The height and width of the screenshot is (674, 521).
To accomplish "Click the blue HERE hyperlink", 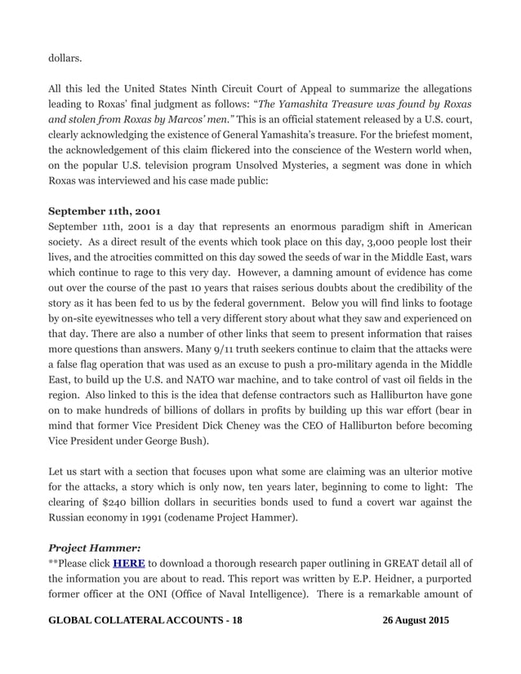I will coord(128,562).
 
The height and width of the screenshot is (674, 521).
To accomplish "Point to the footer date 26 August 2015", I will coord(416,621).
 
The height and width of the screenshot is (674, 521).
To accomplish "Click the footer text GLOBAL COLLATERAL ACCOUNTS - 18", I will coord(145,621).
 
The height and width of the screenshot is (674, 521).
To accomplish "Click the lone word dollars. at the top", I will coord(65,59).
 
